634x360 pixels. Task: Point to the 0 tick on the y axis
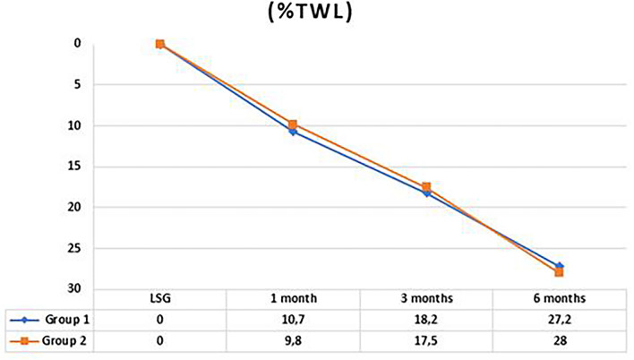click(x=77, y=43)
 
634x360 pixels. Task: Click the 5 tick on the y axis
click(x=77, y=84)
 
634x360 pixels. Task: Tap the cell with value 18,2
click(x=426, y=319)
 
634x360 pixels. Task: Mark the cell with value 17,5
click(x=426, y=340)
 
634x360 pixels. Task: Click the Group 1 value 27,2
click(x=560, y=319)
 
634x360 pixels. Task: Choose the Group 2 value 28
click(x=560, y=340)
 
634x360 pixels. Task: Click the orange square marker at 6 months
click(x=560, y=272)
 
